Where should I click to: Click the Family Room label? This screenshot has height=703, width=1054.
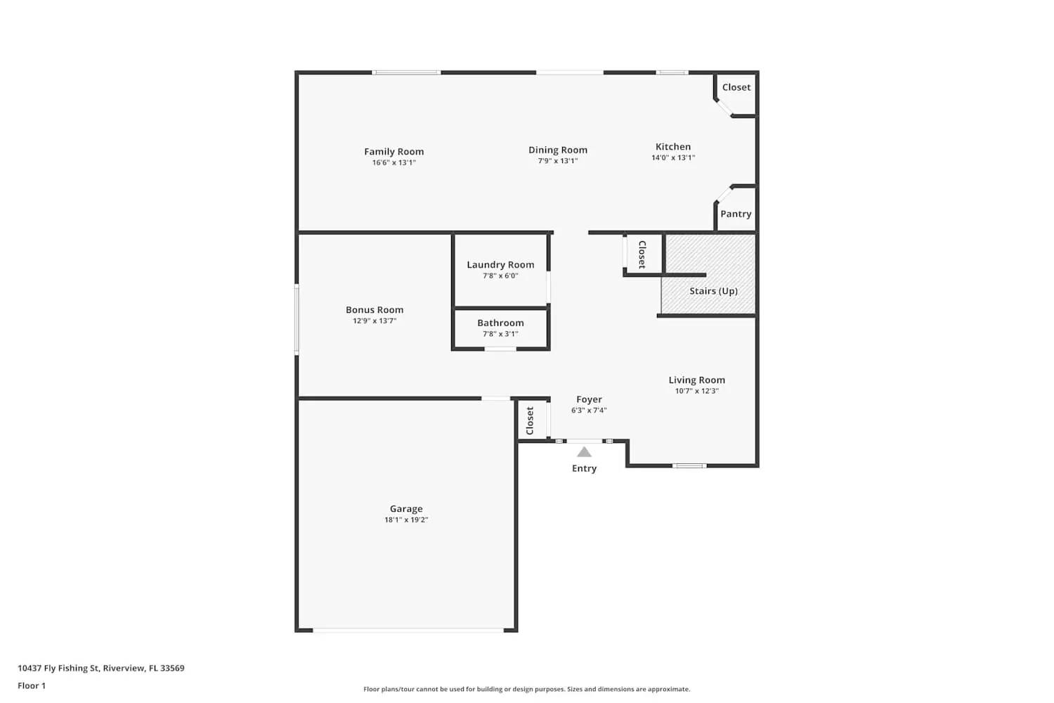pyautogui.click(x=393, y=151)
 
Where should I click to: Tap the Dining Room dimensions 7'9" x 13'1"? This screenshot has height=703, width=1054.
pyautogui.click(x=558, y=161)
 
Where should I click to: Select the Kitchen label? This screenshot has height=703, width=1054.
pyautogui.click(x=672, y=147)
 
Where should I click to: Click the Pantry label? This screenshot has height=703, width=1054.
pyautogui.click(x=736, y=214)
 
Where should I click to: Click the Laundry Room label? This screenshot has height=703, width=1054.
pyautogui.click(x=500, y=265)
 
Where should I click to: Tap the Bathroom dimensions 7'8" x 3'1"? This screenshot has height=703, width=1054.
pyautogui.click(x=500, y=334)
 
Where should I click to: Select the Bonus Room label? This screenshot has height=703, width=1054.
pyautogui.click(x=375, y=309)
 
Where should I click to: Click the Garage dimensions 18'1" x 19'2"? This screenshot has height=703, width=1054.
pyautogui.click(x=406, y=520)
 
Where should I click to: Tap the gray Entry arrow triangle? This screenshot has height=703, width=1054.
pyautogui.click(x=584, y=452)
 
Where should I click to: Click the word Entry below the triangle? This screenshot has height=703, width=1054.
pyautogui.click(x=584, y=468)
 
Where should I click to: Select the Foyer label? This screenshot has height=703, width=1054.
pyautogui.click(x=589, y=399)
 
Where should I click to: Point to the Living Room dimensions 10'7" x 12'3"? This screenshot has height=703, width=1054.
pyautogui.click(x=696, y=391)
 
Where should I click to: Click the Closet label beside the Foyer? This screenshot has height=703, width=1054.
pyautogui.click(x=531, y=420)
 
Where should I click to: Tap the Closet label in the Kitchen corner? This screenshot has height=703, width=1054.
pyautogui.click(x=736, y=87)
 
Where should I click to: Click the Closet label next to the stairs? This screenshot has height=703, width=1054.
pyautogui.click(x=642, y=254)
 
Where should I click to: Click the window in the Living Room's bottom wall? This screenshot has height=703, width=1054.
pyautogui.click(x=689, y=465)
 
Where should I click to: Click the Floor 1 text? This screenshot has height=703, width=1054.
pyautogui.click(x=32, y=685)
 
